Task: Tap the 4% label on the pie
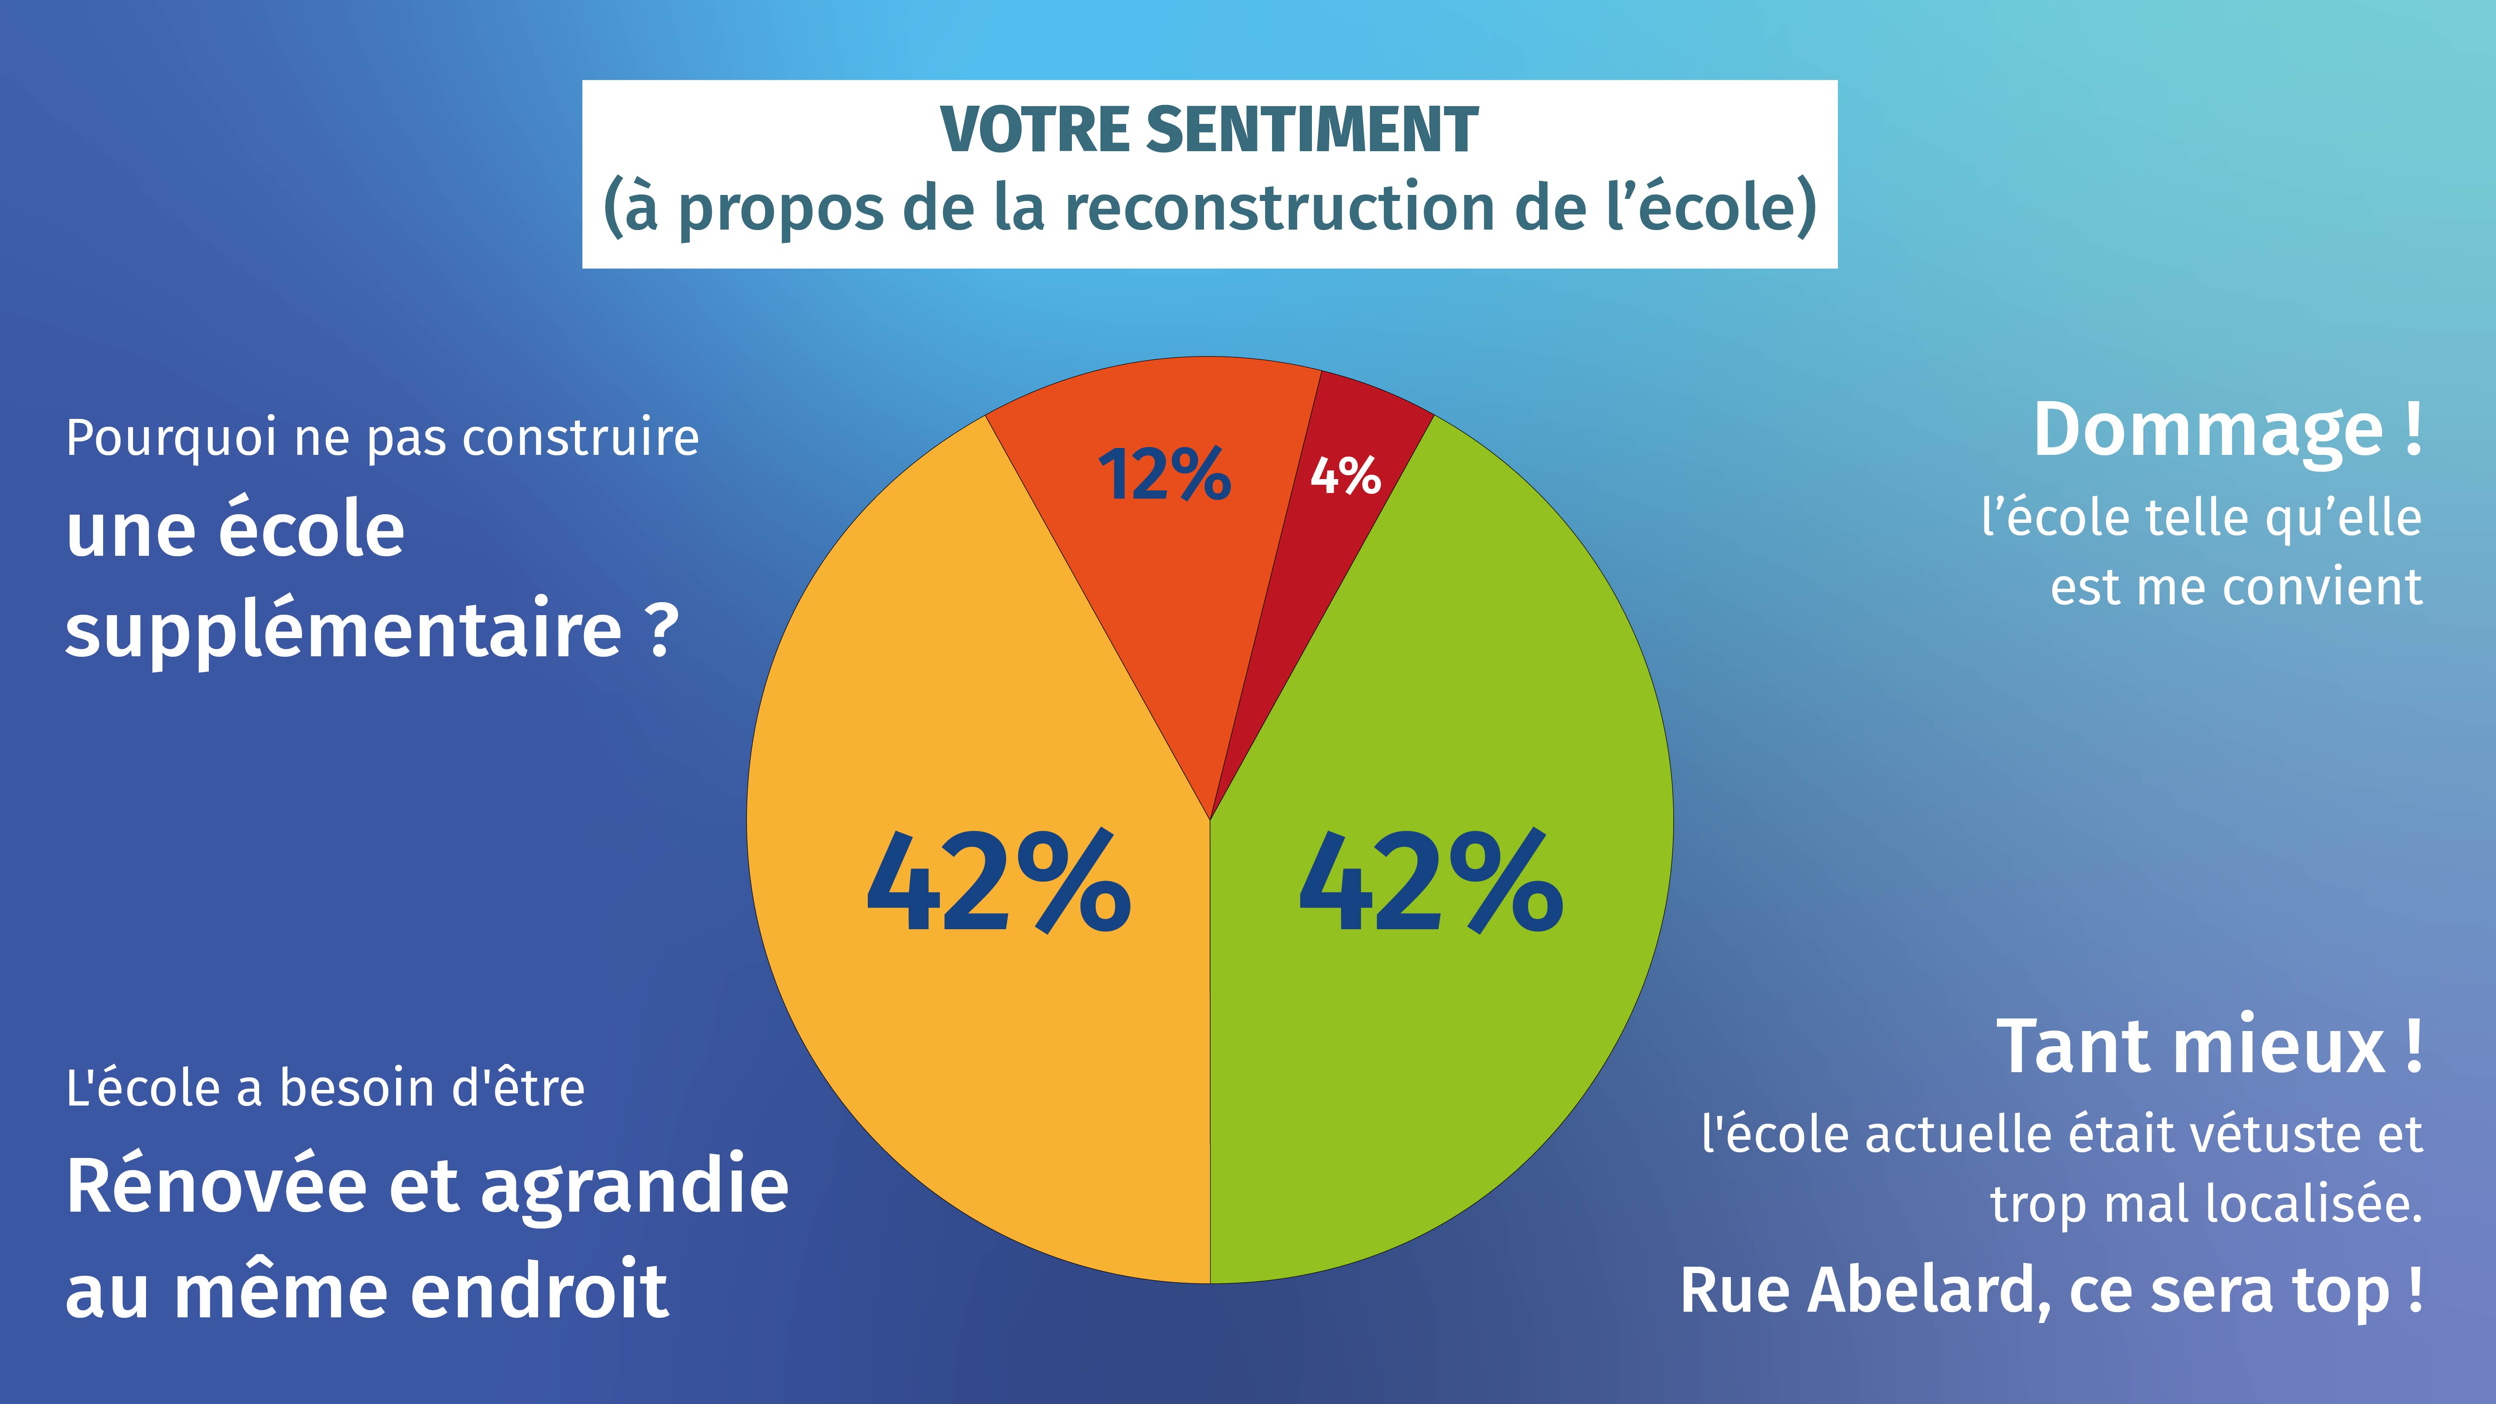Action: (x=1345, y=476)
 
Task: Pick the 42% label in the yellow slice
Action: (x=998, y=884)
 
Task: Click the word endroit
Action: (x=540, y=1291)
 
